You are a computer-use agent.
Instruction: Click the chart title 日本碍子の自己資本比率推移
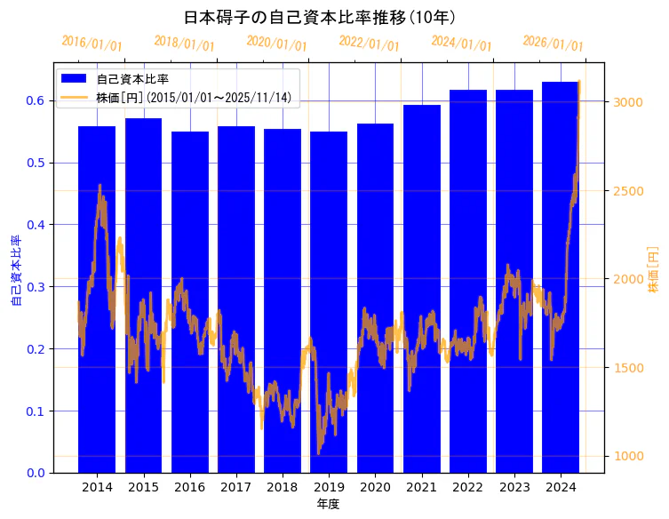coord(319,17)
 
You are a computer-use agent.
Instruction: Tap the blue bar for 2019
coord(329,302)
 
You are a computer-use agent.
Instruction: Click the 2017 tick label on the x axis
coord(235,488)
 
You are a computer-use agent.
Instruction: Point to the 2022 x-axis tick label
coord(467,488)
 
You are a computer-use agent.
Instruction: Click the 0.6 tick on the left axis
coord(35,100)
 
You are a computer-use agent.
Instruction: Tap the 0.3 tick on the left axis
coord(35,287)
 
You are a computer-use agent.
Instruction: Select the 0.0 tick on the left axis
coord(35,473)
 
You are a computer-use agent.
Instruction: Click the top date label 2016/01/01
coord(92,44)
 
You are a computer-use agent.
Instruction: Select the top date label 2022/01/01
coord(370,44)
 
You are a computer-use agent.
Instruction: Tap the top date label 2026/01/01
coord(554,44)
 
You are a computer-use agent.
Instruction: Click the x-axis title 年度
coord(329,504)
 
